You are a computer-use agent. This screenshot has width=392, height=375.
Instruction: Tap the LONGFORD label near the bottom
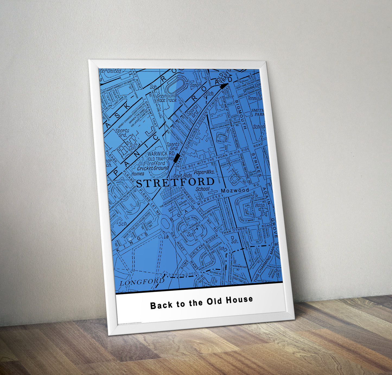[142, 282]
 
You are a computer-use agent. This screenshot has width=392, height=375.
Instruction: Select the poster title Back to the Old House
[201, 302]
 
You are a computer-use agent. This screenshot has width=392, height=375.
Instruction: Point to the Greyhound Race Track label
[166, 98]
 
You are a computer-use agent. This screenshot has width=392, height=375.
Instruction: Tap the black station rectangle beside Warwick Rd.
[177, 157]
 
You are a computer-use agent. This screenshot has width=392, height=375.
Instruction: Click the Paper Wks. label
[204, 172]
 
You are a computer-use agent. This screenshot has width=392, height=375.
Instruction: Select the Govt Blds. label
[183, 176]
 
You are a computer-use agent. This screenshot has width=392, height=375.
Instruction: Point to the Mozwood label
[235, 190]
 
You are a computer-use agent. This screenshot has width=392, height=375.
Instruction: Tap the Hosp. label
[260, 205]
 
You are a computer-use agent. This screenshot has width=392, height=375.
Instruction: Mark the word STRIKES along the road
[256, 165]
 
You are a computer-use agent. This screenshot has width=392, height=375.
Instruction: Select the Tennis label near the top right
[254, 98]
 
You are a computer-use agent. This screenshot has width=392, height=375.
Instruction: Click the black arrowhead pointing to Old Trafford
[224, 86]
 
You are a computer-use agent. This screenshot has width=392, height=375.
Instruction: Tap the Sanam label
[196, 85]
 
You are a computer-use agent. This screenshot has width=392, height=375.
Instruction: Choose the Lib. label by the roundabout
[166, 237]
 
